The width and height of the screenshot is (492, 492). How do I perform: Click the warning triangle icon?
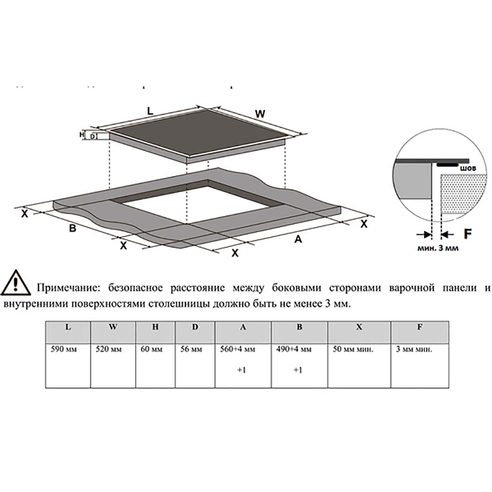click(16, 283)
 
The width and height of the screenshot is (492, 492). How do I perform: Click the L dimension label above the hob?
click(150, 111)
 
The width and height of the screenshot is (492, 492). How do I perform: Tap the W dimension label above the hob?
click(260, 114)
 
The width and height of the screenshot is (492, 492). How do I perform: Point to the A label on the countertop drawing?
click(298, 240)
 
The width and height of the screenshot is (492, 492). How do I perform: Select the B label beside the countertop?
click(73, 228)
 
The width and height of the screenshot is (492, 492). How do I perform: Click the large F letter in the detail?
click(467, 234)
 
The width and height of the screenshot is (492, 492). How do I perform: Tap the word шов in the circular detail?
click(467, 168)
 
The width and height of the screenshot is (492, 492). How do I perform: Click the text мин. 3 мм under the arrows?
click(438, 248)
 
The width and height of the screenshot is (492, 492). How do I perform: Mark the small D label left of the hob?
click(92, 136)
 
